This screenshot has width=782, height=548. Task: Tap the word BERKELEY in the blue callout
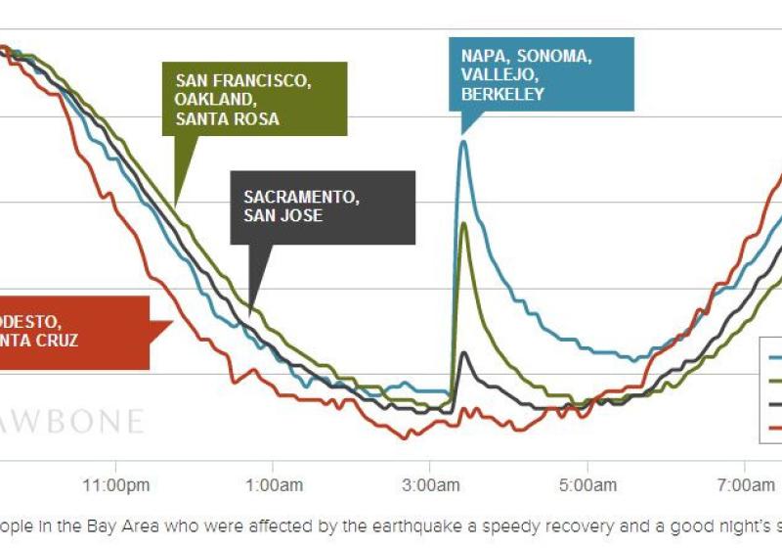[502, 95]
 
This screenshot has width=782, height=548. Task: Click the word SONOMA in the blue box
[556, 56]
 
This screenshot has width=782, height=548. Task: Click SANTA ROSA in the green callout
[228, 119]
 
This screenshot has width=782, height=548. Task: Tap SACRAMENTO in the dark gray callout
[301, 196]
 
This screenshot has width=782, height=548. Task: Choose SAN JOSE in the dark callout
[282, 215]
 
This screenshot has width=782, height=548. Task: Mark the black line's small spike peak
[463, 352]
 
